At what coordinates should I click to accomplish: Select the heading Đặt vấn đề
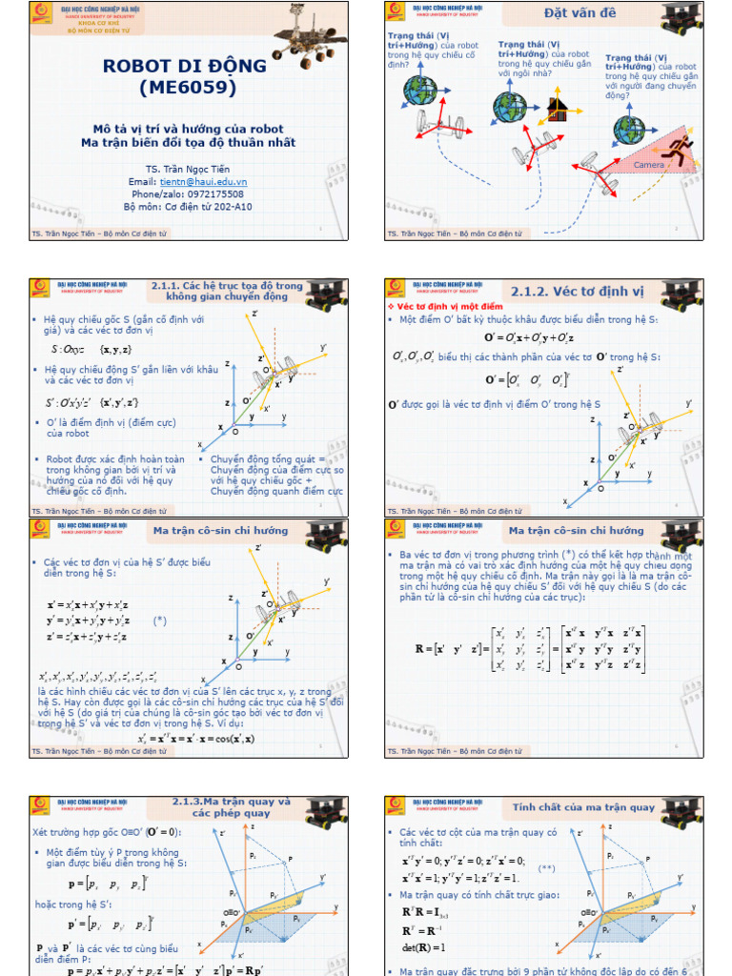tap(579, 13)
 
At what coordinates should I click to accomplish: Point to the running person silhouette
tap(681, 149)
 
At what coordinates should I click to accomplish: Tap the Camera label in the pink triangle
tap(649, 166)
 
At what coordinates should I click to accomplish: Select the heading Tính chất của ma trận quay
tap(583, 807)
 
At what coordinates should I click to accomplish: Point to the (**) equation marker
tap(546, 868)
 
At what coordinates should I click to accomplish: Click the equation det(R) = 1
tap(424, 947)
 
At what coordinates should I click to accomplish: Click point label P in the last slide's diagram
tap(648, 860)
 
